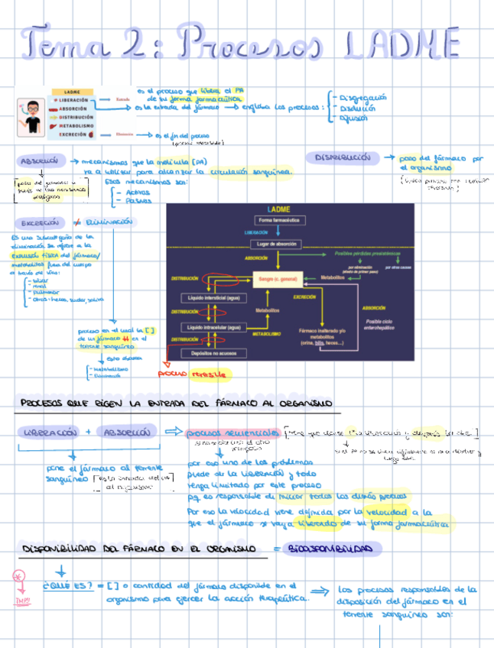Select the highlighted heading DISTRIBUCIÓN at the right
[x=343, y=157]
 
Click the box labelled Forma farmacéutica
[x=280, y=220]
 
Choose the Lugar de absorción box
[x=280, y=244]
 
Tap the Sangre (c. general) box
[x=279, y=280]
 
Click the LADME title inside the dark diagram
[x=278, y=209]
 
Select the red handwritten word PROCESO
[x=173, y=374]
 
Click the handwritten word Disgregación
[x=362, y=98]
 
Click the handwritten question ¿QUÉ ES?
[x=70, y=587]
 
